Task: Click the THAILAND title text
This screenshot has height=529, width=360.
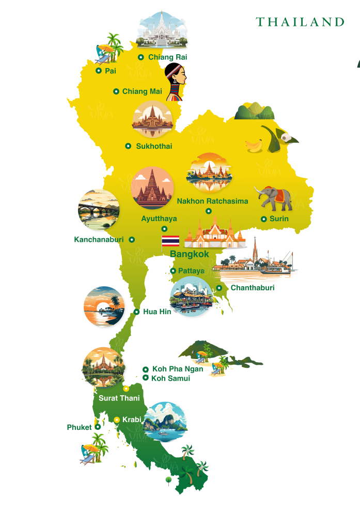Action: tap(300, 22)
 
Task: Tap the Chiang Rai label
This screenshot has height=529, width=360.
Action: tap(167, 57)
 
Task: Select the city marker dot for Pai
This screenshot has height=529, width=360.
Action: tap(99, 71)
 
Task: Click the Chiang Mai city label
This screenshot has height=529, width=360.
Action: tap(142, 91)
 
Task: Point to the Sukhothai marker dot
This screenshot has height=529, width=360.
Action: tap(128, 146)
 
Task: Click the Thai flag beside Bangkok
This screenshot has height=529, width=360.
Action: tap(170, 241)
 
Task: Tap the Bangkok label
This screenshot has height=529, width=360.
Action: tap(190, 254)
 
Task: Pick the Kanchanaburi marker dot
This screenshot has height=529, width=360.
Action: tap(132, 240)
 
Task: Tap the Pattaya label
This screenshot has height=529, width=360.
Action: tap(191, 271)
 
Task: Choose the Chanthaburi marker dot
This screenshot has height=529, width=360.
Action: tap(219, 288)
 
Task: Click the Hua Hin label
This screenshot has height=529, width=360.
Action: tap(157, 312)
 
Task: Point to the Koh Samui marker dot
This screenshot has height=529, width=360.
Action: tap(145, 378)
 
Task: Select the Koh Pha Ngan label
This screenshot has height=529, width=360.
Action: tap(178, 369)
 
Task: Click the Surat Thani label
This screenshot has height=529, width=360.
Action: tap(119, 398)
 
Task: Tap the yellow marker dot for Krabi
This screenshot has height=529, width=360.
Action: tap(117, 419)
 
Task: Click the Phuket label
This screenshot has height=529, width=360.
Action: tap(79, 427)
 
